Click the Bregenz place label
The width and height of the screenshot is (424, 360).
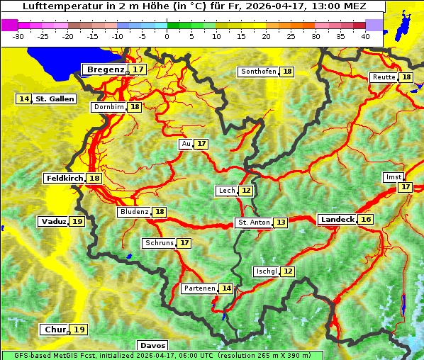click(106, 69)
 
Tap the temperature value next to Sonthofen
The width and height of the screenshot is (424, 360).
click(287, 72)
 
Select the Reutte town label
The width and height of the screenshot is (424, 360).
click(383, 77)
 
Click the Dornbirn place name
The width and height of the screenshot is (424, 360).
click(108, 107)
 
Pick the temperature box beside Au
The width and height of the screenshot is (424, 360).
click(202, 144)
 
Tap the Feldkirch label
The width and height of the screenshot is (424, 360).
click(65, 179)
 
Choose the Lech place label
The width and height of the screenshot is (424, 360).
click(226, 191)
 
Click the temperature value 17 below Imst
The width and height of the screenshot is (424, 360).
click(405, 187)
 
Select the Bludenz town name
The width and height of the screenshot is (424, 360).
click(134, 212)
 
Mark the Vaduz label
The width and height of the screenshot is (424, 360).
click(54, 222)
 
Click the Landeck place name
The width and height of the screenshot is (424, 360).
click(337, 220)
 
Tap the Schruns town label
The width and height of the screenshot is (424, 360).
click(159, 243)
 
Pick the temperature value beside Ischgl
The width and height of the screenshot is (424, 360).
click(287, 271)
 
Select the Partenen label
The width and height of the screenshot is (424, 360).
click(198, 288)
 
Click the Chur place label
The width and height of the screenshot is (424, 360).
click(55, 330)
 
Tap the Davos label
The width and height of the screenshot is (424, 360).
click(152, 345)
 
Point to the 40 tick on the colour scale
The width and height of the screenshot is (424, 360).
click(365, 35)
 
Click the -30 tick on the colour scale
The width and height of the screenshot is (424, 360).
click(18, 35)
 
